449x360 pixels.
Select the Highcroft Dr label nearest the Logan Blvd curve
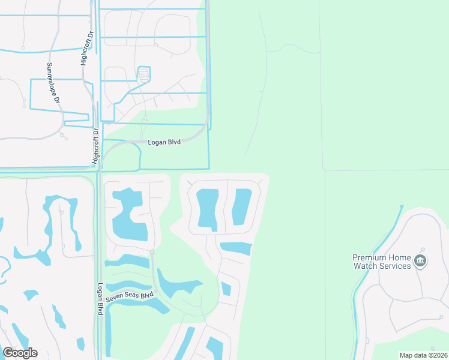[95, 146]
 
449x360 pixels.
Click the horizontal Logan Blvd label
[164, 142]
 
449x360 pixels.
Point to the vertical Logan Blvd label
[100, 299]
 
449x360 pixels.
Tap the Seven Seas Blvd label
[130, 297]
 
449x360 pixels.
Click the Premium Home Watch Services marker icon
[421, 261]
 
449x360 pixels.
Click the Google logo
[19, 353]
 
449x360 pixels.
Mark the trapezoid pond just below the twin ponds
[237, 248]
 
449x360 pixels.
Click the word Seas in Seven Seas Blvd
[134, 296]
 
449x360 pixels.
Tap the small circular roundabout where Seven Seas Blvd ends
[152, 253]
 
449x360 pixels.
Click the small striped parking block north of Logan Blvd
[143, 75]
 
